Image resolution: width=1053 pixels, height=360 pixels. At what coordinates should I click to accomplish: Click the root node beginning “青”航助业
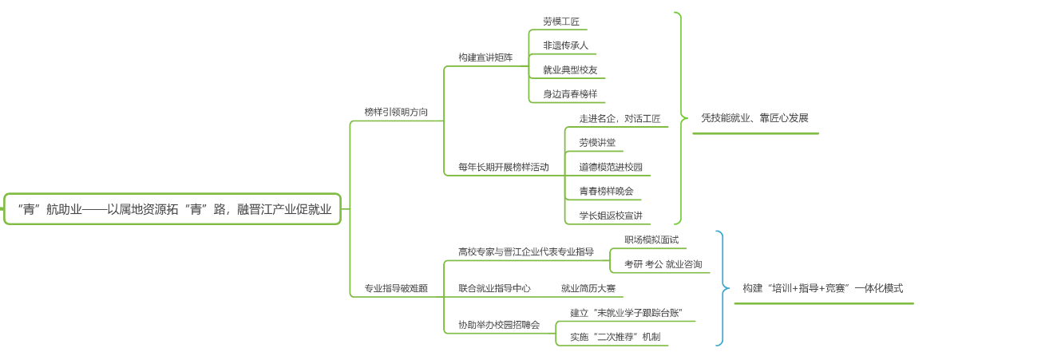click(x=173, y=209)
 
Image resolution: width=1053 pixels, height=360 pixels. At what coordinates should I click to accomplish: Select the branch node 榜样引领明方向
click(x=396, y=113)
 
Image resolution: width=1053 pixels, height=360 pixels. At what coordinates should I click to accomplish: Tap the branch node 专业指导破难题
click(x=396, y=288)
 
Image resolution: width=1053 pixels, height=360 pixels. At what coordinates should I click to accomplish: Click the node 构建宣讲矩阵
click(x=485, y=57)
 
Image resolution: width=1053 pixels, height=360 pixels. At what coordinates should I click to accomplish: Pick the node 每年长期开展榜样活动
click(x=503, y=167)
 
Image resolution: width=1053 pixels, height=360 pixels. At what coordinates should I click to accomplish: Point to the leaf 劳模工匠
click(x=561, y=22)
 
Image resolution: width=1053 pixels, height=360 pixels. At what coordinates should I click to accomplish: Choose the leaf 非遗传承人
click(x=565, y=45)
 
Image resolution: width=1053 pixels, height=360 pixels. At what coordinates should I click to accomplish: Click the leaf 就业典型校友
click(x=570, y=69)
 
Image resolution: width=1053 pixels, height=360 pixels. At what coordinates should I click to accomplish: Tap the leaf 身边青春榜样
click(x=570, y=94)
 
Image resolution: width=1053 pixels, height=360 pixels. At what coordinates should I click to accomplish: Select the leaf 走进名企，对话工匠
click(x=620, y=119)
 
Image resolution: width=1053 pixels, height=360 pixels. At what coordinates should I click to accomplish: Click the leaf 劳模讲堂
click(x=597, y=143)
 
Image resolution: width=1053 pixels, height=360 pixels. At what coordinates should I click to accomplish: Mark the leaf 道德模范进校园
click(x=611, y=167)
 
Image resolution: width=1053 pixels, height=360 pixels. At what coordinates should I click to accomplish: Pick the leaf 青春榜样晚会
click(x=606, y=191)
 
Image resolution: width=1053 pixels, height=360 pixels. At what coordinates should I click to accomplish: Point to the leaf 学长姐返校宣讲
click(x=611, y=216)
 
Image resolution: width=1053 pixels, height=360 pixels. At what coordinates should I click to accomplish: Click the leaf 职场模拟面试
click(x=651, y=239)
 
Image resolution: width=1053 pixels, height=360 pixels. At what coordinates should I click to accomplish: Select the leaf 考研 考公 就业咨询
click(x=663, y=264)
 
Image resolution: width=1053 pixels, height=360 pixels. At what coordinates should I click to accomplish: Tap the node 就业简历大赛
click(x=588, y=288)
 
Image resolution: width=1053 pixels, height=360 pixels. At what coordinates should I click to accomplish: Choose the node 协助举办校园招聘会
click(x=498, y=325)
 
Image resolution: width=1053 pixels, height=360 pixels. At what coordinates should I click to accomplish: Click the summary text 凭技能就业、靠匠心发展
click(x=754, y=118)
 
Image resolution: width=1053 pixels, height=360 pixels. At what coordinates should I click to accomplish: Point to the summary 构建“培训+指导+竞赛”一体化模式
click(x=822, y=288)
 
